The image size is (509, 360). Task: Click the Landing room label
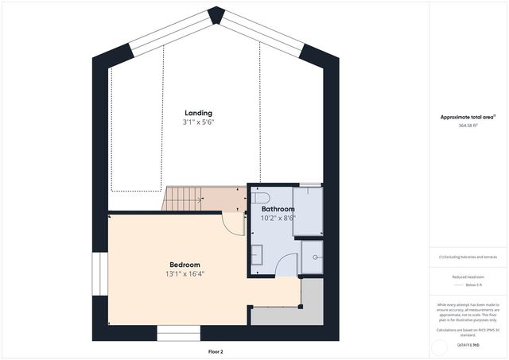(x=198, y=113)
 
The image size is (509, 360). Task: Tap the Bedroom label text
(x=185, y=265)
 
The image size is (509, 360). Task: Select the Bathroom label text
(x=278, y=209)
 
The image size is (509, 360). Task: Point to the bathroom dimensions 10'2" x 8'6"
(x=278, y=218)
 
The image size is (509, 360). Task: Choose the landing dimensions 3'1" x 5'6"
(x=198, y=122)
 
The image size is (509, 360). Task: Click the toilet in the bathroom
(x=261, y=196)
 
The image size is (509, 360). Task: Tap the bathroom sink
(x=257, y=254)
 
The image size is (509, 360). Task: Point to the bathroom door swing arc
(x=288, y=262)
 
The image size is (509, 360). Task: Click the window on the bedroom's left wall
(x=99, y=274)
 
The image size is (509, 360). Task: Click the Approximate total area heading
(x=468, y=117)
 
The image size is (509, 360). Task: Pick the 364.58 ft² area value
(x=468, y=126)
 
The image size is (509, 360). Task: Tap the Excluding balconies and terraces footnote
(x=468, y=257)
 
